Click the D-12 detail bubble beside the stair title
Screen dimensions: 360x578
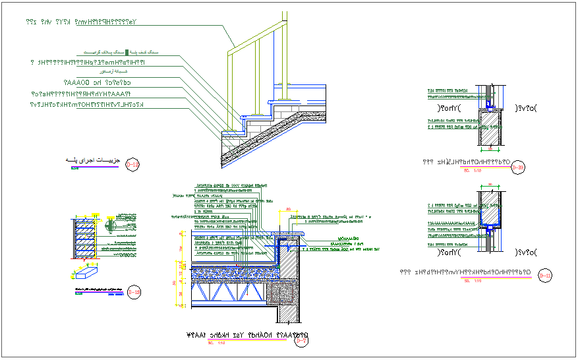(x=132, y=164)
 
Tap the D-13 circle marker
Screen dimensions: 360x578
(x=134, y=291)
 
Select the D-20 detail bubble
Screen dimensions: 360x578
(x=519, y=168)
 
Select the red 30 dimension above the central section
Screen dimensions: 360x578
(x=288, y=210)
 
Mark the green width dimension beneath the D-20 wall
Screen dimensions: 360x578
(x=489, y=150)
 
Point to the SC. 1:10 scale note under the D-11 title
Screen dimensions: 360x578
(x=471, y=280)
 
